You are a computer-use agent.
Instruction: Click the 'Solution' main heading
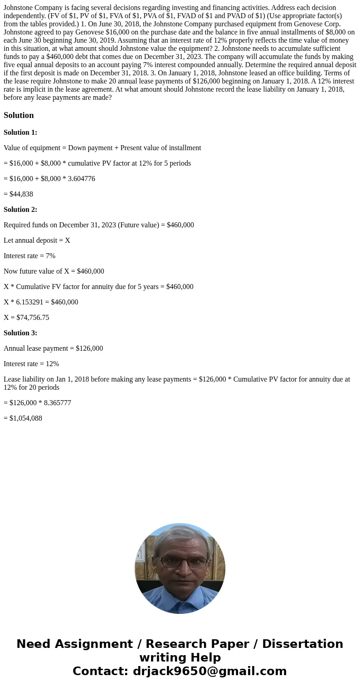(x=19, y=115)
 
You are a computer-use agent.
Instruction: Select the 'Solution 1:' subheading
(x=20, y=132)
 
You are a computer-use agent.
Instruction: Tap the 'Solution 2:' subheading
(x=20, y=210)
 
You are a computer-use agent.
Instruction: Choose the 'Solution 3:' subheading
(x=20, y=333)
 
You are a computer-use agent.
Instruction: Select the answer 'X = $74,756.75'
(x=26, y=318)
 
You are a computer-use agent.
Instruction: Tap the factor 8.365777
(x=57, y=403)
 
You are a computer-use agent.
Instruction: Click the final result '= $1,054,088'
(x=23, y=418)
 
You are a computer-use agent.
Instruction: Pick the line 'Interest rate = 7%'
(x=29, y=256)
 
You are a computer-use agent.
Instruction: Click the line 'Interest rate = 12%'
(x=31, y=364)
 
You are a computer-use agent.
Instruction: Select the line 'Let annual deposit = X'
(x=37, y=240)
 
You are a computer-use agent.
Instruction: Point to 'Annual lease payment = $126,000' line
(x=53, y=348)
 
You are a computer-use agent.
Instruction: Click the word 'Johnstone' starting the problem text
(x=19, y=8)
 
